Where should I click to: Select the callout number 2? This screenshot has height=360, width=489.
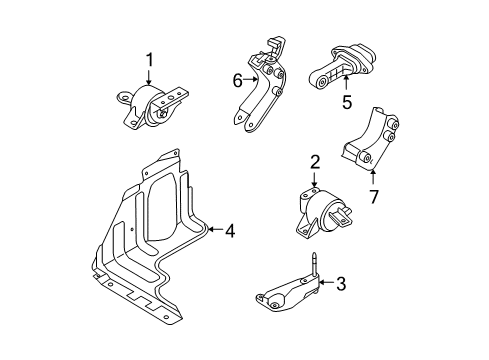click(x=314, y=162)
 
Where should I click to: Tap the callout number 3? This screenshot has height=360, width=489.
click(x=340, y=285)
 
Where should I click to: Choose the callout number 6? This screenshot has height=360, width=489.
click(x=238, y=81)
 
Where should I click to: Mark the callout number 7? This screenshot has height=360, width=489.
click(x=372, y=197)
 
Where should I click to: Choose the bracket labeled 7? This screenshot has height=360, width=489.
click(x=372, y=142)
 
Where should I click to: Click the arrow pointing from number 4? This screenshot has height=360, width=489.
click(x=214, y=231)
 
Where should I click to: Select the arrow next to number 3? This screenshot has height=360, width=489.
click(x=325, y=285)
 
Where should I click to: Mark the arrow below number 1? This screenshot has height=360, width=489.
click(x=150, y=82)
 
